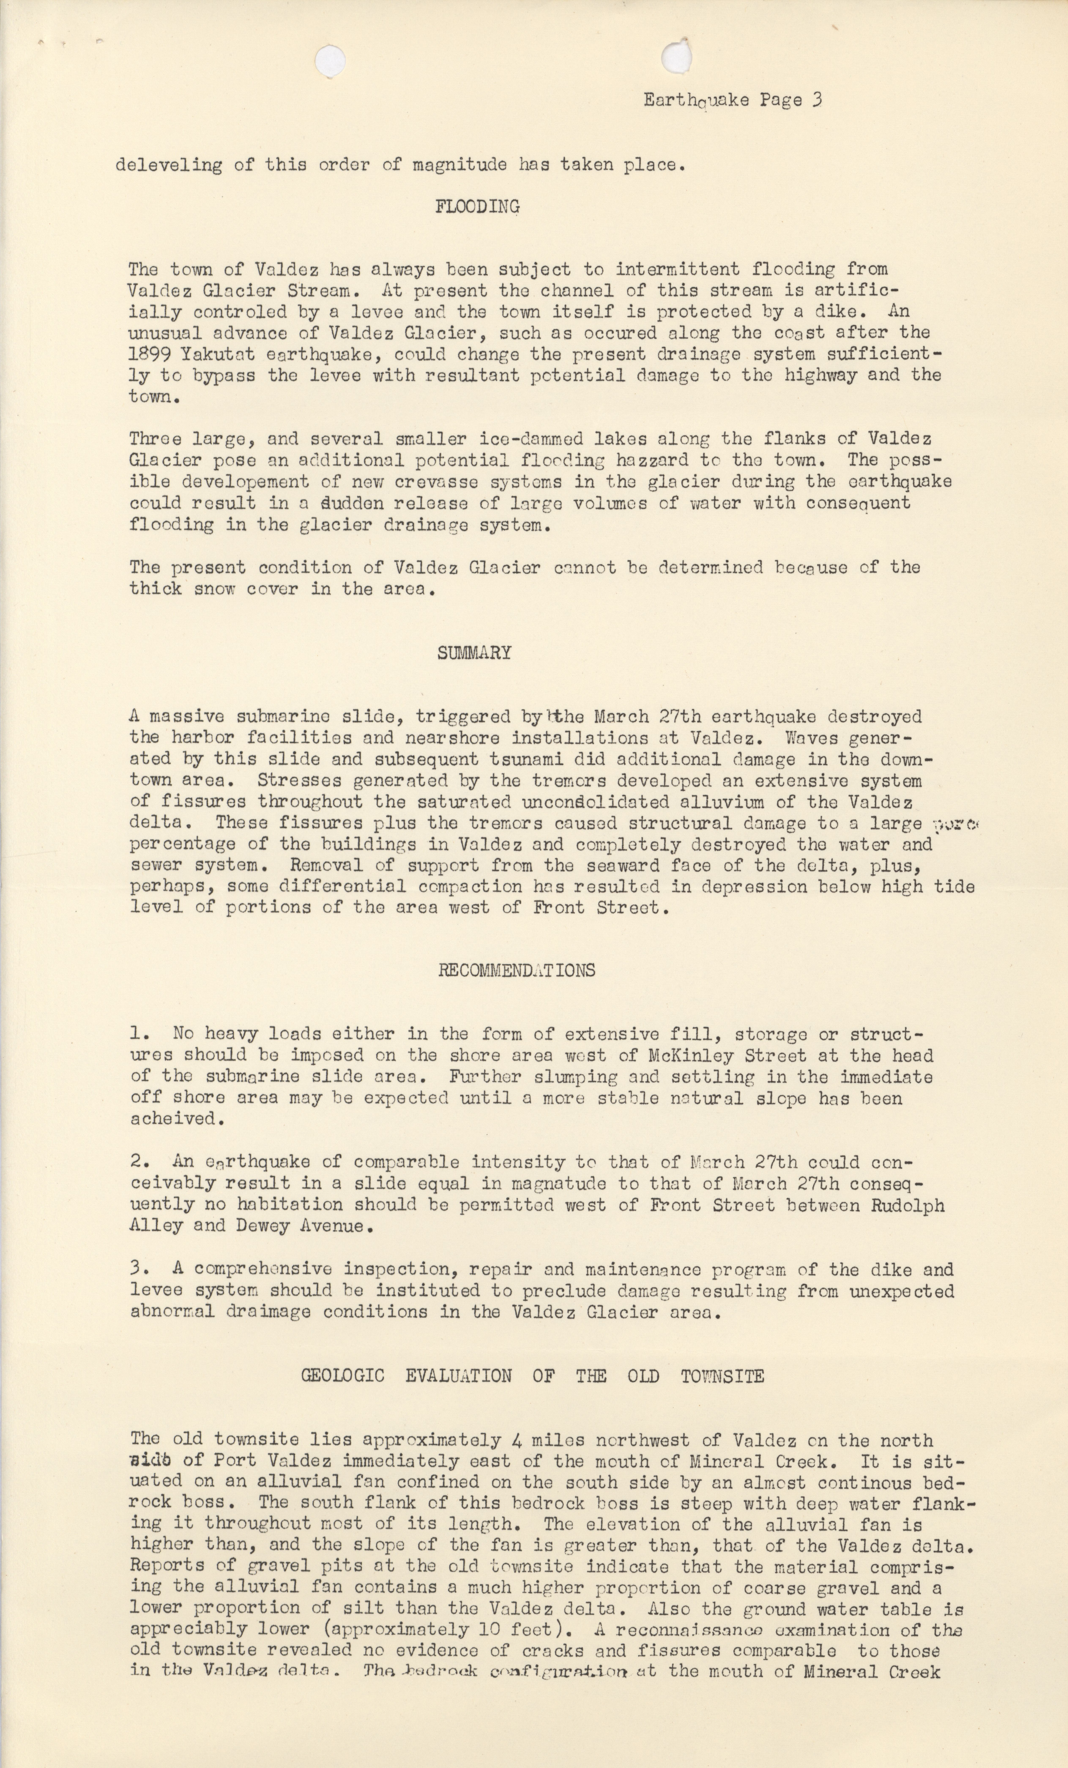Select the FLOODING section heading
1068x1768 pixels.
tap(477, 207)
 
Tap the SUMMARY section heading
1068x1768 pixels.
tap(474, 653)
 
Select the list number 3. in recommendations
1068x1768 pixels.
tap(140, 1269)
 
